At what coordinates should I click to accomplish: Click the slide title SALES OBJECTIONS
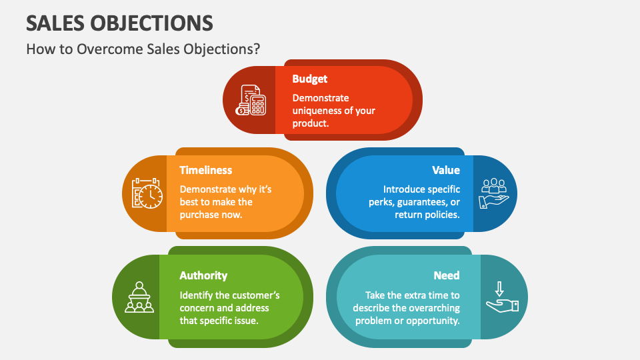[120, 23]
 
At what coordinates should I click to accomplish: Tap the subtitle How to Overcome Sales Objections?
[143, 49]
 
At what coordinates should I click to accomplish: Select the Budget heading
[310, 79]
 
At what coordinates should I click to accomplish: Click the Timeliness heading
[206, 170]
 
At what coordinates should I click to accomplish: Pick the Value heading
[446, 170]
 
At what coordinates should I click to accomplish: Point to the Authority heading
[203, 275]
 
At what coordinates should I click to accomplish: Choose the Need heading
[446, 275]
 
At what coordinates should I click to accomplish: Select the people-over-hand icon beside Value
[494, 193]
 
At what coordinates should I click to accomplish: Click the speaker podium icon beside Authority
[140, 297]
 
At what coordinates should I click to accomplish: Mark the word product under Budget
[310, 123]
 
